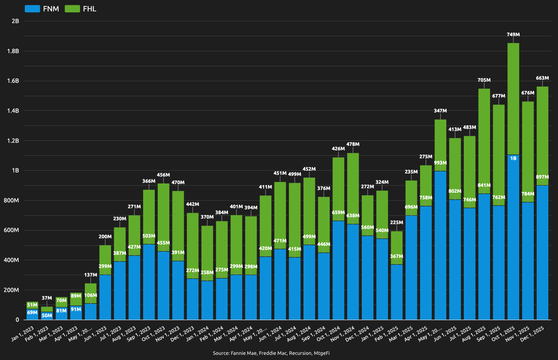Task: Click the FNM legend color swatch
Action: pos(32,9)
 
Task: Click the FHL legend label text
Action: pos(89,9)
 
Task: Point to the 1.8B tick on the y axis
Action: pos(13,51)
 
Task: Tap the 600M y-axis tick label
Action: pos(11,230)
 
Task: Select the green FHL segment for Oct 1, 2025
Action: pos(513,98)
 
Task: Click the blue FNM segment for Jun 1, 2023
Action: pos(105,297)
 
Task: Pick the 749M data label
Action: pos(513,34)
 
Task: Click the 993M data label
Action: pos(440,163)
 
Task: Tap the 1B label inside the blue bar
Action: pos(513,158)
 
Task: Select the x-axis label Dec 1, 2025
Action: pos(532,334)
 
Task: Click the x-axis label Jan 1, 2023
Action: pos(22,334)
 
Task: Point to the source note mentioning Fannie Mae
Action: pos(271,353)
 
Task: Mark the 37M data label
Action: pos(47,298)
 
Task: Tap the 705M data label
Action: pos(484,80)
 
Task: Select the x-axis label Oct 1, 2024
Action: pos(328,334)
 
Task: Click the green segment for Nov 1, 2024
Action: pos(353,188)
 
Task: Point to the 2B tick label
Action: pos(15,21)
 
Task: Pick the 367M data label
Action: pos(397,256)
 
